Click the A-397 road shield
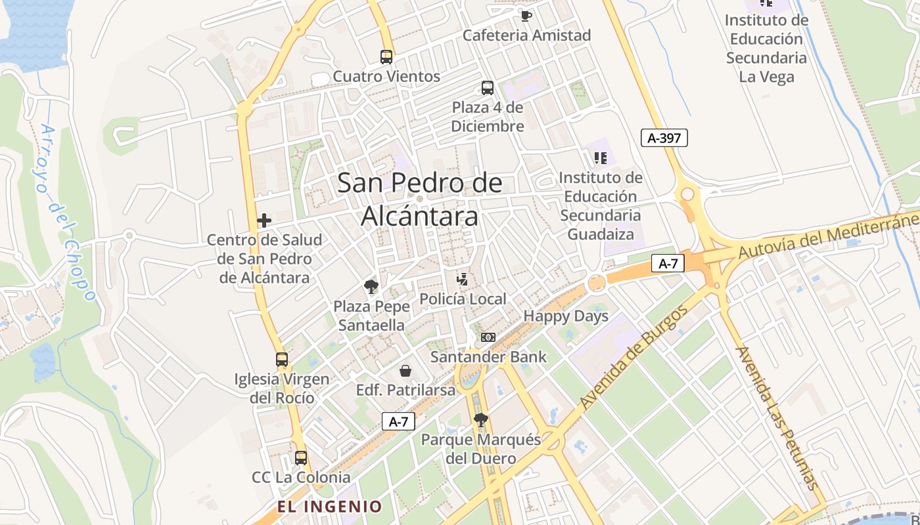click(x=664, y=138)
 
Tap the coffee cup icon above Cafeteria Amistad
click(x=525, y=16)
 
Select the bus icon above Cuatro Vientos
click(x=386, y=57)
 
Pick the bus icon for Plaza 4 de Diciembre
click(x=488, y=88)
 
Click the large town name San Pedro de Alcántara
click(x=420, y=199)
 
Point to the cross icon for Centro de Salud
click(x=264, y=220)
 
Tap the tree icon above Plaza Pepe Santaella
click(x=371, y=287)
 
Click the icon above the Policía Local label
click(x=463, y=280)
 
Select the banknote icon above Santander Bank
click(x=488, y=337)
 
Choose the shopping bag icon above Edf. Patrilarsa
click(x=405, y=371)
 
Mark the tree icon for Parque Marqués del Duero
click(x=481, y=420)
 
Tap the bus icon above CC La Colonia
click(x=301, y=458)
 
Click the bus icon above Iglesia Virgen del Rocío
click(x=282, y=360)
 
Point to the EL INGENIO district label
click(x=329, y=507)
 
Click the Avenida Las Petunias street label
click(x=779, y=418)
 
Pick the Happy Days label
click(x=566, y=316)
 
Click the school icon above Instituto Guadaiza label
click(x=600, y=157)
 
